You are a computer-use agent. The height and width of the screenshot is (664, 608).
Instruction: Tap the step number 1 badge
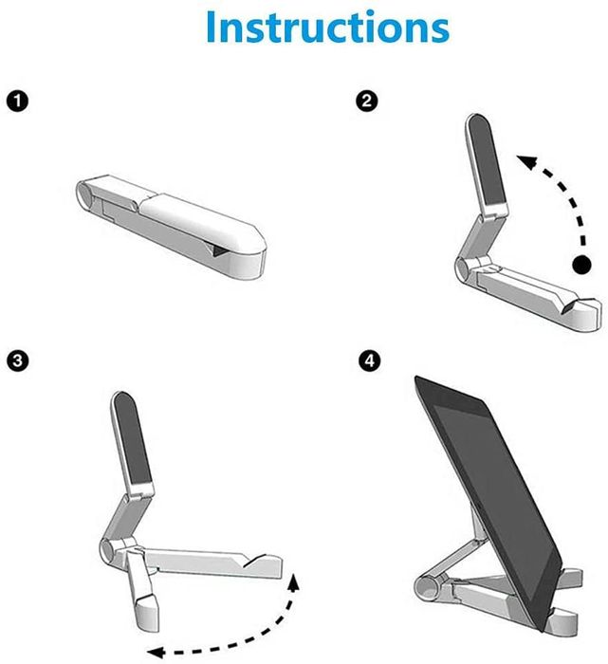(15, 100)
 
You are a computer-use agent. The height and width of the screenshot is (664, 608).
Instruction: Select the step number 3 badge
(15, 360)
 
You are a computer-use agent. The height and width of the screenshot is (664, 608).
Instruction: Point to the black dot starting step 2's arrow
(578, 265)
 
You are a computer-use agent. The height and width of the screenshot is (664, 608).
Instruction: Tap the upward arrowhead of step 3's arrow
(295, 581)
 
